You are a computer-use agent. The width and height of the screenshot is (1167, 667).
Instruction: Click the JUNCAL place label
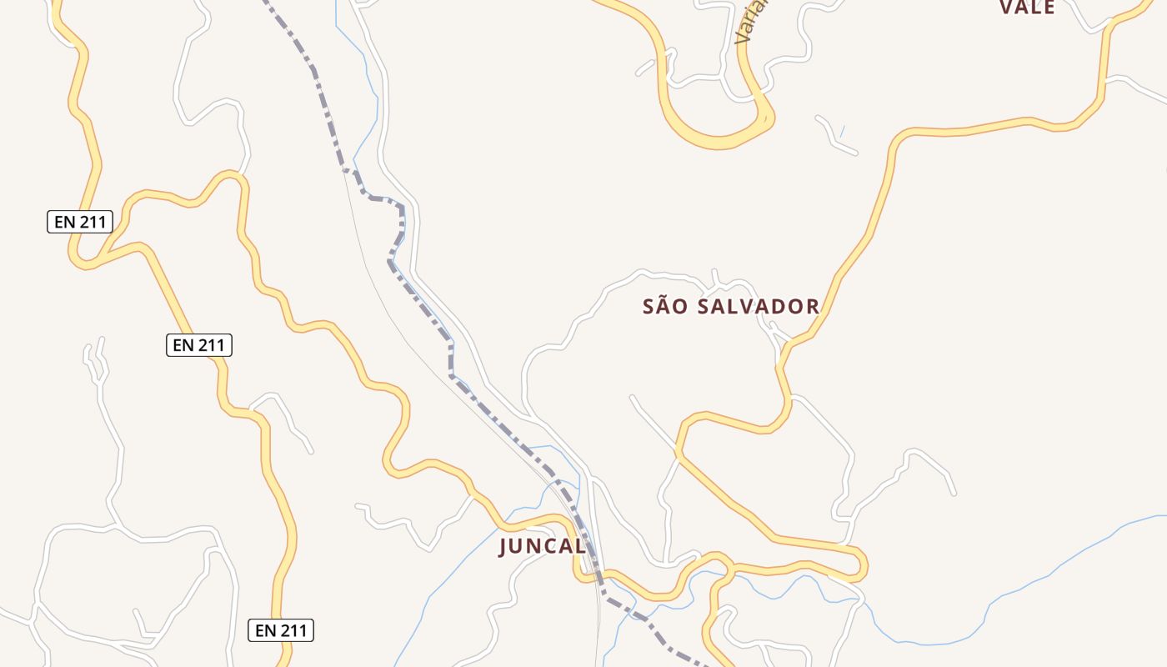point(543,547)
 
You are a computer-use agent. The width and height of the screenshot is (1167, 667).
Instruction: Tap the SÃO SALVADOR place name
point(731,306)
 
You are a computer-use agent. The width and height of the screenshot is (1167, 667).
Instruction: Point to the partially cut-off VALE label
point(1027,8)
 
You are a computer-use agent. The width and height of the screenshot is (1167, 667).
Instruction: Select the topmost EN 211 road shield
point(79,222)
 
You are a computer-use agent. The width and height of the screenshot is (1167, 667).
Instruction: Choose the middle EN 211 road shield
point(199,345)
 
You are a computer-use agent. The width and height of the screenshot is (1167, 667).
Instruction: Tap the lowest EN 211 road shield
point(281,630)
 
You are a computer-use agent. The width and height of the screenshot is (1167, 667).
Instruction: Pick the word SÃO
point(665,306)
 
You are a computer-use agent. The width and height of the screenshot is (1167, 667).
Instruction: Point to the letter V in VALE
point(1005,8)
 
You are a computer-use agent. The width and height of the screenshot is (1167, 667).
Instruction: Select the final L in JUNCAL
point(580,547)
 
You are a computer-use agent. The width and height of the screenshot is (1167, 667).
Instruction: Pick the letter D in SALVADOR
point(774,306)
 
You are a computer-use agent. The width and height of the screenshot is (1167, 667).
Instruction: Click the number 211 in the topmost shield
point(92,222)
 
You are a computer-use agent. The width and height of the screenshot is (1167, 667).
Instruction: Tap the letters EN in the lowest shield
point(265,630)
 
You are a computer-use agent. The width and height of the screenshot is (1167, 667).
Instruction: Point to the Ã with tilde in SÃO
point(664,305)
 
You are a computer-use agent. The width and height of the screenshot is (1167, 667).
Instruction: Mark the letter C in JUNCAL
point(549,547)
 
